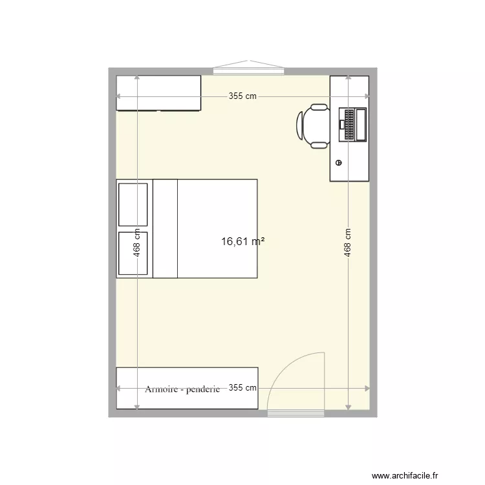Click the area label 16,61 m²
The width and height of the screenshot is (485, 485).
pyautogui.click(x=242, y=241)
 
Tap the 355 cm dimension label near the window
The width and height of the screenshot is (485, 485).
pyautogui.click(x=242, y=96)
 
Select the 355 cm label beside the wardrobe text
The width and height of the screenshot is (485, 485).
pyautogui.click(x=243, y=389)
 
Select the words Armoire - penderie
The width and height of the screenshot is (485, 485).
pyautogui.click(x=182, y=389)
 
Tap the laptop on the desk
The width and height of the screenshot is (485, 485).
pyautogui.click(x=354, y=124)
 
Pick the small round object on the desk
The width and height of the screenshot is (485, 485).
pyautogui.click(x=338, y=162)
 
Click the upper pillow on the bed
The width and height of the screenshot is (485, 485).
pyautogui.click(x=133, y=204)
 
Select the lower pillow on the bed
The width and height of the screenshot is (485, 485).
pyautogui.click(x=133, y=253)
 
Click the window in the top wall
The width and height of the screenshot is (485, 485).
pyautogui.click(x=248, y=66)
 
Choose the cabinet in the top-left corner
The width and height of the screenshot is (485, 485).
pyautogui.click(x=158, y=93)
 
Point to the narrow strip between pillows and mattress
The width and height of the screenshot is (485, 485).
pyautogui.click(x=165, y=228)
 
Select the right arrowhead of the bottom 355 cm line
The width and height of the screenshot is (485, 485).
pyautogui.click(x=368, y=389)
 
